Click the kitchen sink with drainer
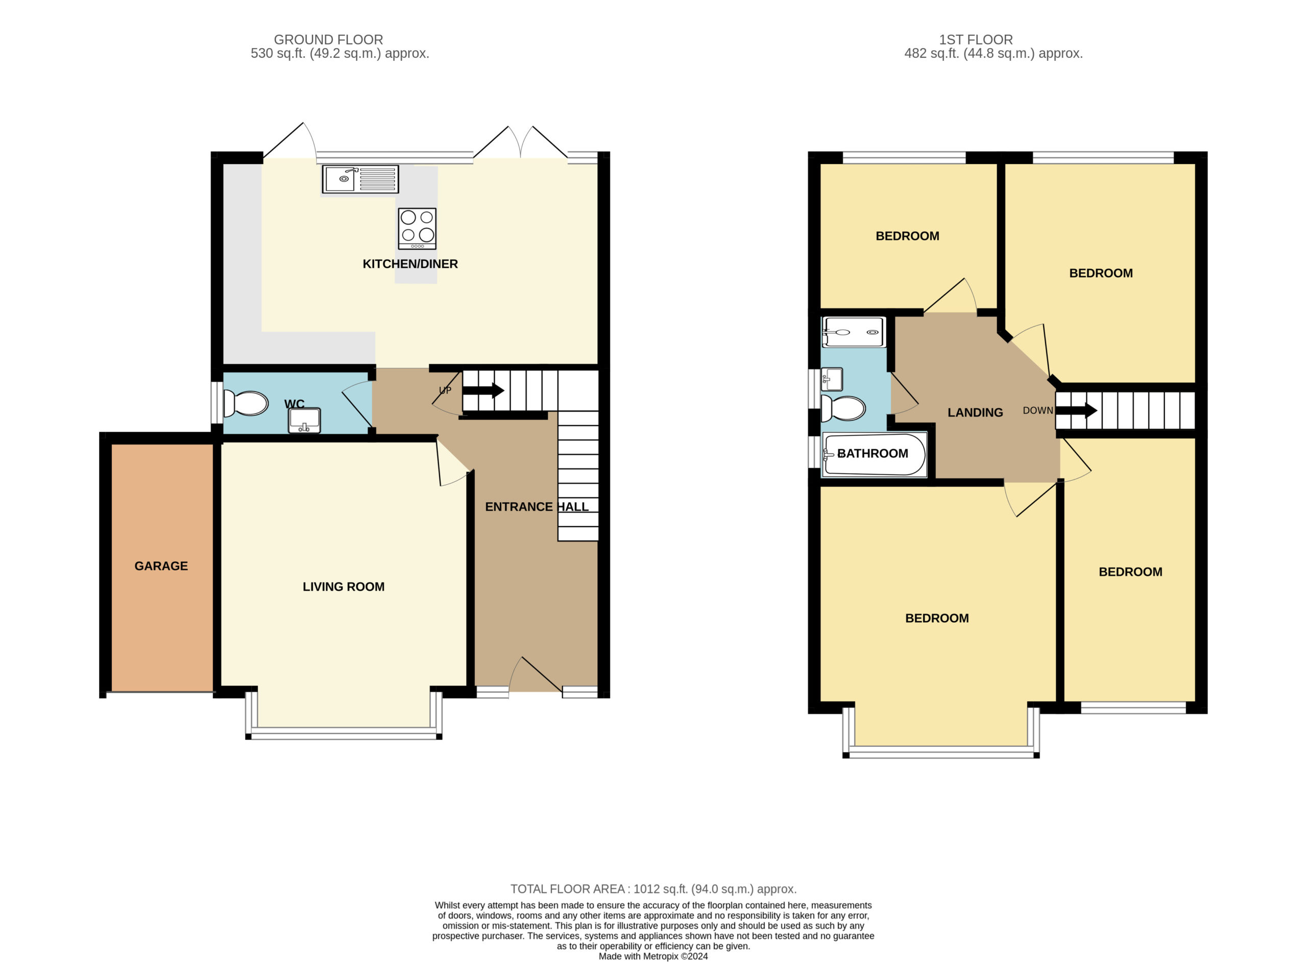[360, 179]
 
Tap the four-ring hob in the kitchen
[417, 229]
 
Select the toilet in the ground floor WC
[246, 403]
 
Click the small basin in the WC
[304, 420]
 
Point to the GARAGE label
[161, 566]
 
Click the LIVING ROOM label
[343, 586]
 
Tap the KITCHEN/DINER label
[410, 264]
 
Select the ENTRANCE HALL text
[537, 507]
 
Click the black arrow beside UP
[483, 390]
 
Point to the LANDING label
[975, 412]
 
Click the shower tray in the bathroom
[854, 332]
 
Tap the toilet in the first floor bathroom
[842, 408]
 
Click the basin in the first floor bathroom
[832, 380]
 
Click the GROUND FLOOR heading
[328, 40]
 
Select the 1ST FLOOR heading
[976, 40]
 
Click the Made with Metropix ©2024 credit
[653, 955]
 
